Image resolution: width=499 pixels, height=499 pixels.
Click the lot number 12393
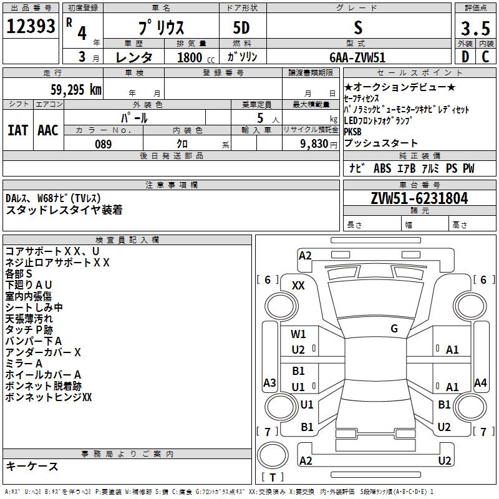coord(31,26)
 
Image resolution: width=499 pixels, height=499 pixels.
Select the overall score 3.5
coord(475,28)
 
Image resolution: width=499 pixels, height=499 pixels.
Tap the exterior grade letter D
coord(465,57)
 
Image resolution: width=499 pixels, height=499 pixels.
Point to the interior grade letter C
coord(486,57)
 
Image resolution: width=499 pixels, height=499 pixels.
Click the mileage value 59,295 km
coord(76,90)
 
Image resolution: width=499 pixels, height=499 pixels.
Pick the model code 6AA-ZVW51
coord(357,57)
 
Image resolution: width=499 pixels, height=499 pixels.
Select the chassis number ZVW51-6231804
coord(419,198)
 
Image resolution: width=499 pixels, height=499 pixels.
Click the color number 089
coord(104,144)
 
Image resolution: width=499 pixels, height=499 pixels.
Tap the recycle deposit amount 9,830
coord(314,144)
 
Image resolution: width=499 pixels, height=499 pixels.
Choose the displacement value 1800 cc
coord(196,57)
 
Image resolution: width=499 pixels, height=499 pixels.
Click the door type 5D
coord(241,28)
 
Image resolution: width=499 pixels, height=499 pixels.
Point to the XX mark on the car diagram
coord(298,286)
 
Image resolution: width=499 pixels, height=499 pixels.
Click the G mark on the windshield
coord(394,329)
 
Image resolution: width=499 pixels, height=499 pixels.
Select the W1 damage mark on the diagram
coord(298,334)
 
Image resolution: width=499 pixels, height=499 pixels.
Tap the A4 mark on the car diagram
coord(480,383)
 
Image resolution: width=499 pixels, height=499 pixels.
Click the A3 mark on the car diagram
coord(269,383)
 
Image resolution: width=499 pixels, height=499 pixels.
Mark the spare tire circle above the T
coord(273,455)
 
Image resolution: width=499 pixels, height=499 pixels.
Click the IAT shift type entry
coord(17,130)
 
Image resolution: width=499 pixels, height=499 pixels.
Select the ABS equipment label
coord(382,168)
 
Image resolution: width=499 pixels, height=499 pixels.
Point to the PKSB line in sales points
coord(352,132)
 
